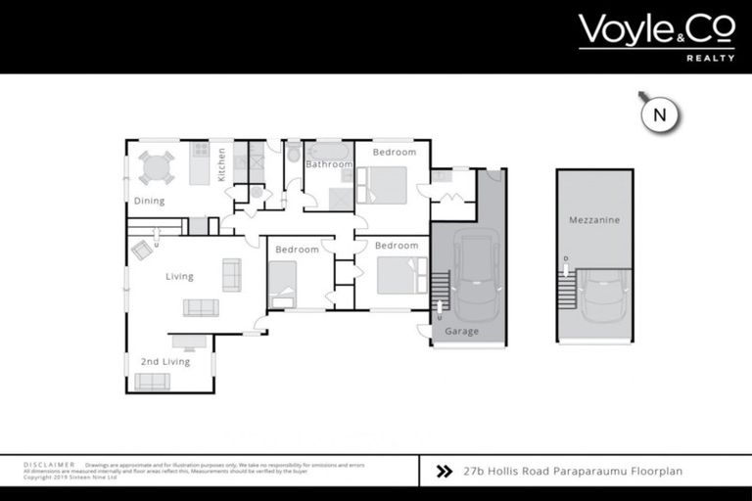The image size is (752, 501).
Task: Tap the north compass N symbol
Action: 659,114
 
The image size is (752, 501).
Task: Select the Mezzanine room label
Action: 594,221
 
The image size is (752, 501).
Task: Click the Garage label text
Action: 462,332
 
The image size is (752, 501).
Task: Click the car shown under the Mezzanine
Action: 601,302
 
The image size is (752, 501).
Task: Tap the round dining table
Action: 155,167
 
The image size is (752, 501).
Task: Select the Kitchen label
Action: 222,164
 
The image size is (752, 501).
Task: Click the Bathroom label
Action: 328,164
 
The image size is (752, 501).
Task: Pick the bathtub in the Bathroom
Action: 328,151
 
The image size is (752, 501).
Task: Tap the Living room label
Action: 179,277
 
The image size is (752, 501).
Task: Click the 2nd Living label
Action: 164,362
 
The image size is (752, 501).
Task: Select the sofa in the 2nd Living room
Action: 152,382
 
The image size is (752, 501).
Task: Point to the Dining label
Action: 149,202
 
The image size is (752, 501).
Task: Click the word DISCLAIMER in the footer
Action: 50,464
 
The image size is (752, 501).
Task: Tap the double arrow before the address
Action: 444,471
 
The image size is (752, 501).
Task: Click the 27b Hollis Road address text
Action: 573,471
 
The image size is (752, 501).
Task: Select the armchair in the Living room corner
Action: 142,250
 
